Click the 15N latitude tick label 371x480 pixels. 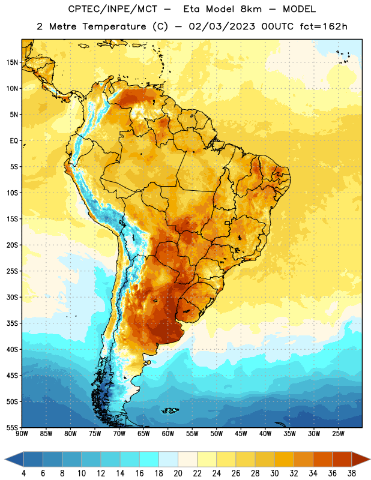click(x=12, y=62)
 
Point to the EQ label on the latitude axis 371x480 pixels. click(x=14, y=141)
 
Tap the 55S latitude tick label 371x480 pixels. click(x=12, y=427)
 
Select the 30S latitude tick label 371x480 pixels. click(x=12, y=297)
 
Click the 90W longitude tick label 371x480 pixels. click(x=22, y=434)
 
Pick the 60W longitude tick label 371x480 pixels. click(x=168, y=434)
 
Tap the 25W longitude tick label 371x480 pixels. click(x=338, y=434)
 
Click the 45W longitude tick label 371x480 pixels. click(x=241, y=434)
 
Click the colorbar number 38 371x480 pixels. click(x=351, y=473)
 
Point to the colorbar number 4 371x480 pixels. click(x=24, y=473)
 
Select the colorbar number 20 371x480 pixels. click(x=178, y=473)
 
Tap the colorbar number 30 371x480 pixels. click(x=274, y=473)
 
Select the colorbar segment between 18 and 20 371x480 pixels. click(x=168, y=460)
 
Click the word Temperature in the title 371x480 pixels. click(x=114, y=26)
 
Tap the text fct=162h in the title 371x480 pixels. click(x=324, y=26)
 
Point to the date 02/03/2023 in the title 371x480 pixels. click(x=222, y=26)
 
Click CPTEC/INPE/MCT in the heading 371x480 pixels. click(x=113, y=9)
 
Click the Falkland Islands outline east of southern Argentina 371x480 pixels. click(x=170, y=410)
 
